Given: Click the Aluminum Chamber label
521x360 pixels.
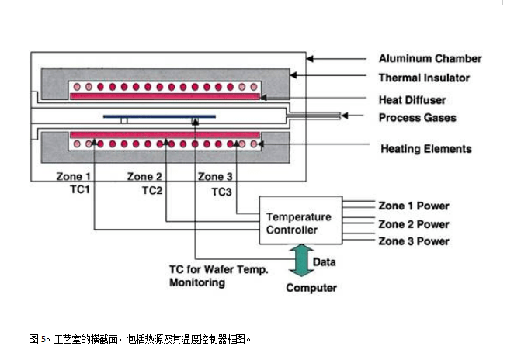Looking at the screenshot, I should pyautogui.click(x=429, y=58).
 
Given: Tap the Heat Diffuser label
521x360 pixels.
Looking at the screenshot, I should pyautogui.click(x=413, y=99).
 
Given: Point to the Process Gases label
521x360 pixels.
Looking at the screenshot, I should pyautogui.click(x=417, y=118).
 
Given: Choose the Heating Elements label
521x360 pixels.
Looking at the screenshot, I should pyautogui.click(x=425, y=148).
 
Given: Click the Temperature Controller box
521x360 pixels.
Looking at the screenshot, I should pyautogui.click(x=298, y=223).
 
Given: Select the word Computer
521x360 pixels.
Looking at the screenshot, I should pyautogui.click(x=311, y=288).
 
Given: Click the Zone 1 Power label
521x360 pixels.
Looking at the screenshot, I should pyautogui.click(x=413, y=206).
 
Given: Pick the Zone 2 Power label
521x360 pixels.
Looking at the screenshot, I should pyautogui.click(x=413, y=224).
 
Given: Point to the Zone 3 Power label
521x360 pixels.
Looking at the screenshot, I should pyautogui.click(x=413, y=241).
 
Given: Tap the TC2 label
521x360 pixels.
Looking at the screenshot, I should pyautogui.click(x=152, y=189).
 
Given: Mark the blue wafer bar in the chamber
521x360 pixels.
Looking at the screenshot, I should pyautogui.click(x=160, y=117).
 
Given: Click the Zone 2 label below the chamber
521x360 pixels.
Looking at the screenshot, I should pyautogui.click(x=145, y=176).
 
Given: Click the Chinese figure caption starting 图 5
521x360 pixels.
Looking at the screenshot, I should pyautogui.click(x=141, y=339).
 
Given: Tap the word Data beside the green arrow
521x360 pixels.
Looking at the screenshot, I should pyautogui.click(x=325, y=263).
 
